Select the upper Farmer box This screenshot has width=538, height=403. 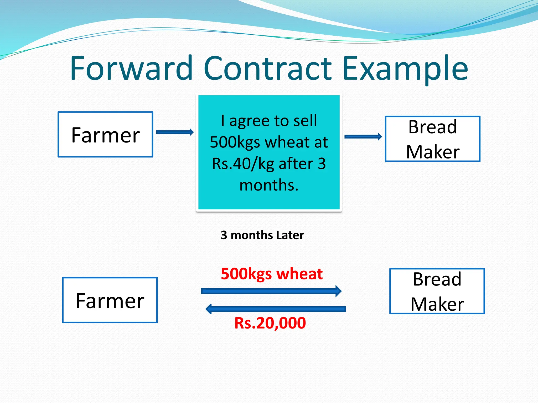coord(105,135)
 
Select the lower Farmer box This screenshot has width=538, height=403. coord(110,300)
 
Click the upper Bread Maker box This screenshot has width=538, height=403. coord(433,139)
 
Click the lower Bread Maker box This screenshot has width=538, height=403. coord(437,291)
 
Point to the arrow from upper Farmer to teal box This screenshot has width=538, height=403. coord(175,132)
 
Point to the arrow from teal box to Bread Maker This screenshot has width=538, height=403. coord(363,136)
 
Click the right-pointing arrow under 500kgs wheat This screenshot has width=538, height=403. coord(271,291)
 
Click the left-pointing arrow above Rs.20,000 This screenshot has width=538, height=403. coord(276,309)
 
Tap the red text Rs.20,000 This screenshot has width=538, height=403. coord(270,323)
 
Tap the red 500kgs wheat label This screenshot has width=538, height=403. coord(272,274)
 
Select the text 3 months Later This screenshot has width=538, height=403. coord(262,235)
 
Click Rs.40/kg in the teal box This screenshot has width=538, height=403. coord(243,164)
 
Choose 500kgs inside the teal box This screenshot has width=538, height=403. coord(235,142)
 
